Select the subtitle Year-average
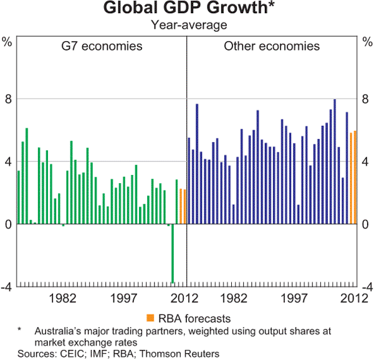coord(186,25)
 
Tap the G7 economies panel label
coord(101,46)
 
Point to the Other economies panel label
coord(272,46)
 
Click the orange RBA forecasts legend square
coord(150,318)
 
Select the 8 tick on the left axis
coord(7,99)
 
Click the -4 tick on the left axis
coord(6,287)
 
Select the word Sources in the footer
coord(36,353)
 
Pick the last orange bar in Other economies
coord(355,178)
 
